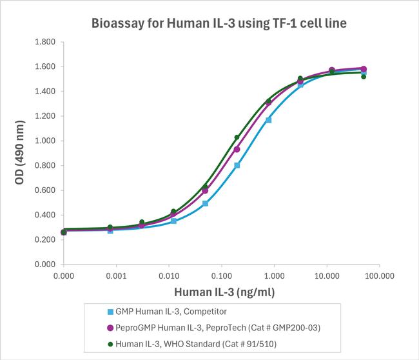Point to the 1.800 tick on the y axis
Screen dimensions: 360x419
click(x=44, y=43)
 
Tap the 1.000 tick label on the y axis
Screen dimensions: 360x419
click(x=44, y=141)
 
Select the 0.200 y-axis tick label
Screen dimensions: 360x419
click(x=44, y=240)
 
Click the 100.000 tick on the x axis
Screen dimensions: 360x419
click(x=378, y=275)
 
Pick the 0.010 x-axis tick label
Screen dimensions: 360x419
click(x=168, y=275)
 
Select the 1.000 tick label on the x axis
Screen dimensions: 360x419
click(x=273, y=275)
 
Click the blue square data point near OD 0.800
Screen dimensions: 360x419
click(x=237, y=165)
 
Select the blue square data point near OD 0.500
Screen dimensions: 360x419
click(x=205, y=203)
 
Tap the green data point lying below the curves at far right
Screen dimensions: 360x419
click(x=364, y=77)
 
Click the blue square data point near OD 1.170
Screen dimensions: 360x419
click(x=268, y=120)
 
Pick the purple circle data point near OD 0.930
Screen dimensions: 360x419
click(x=237, y=149)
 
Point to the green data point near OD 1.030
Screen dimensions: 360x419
click(x=237, y=137)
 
